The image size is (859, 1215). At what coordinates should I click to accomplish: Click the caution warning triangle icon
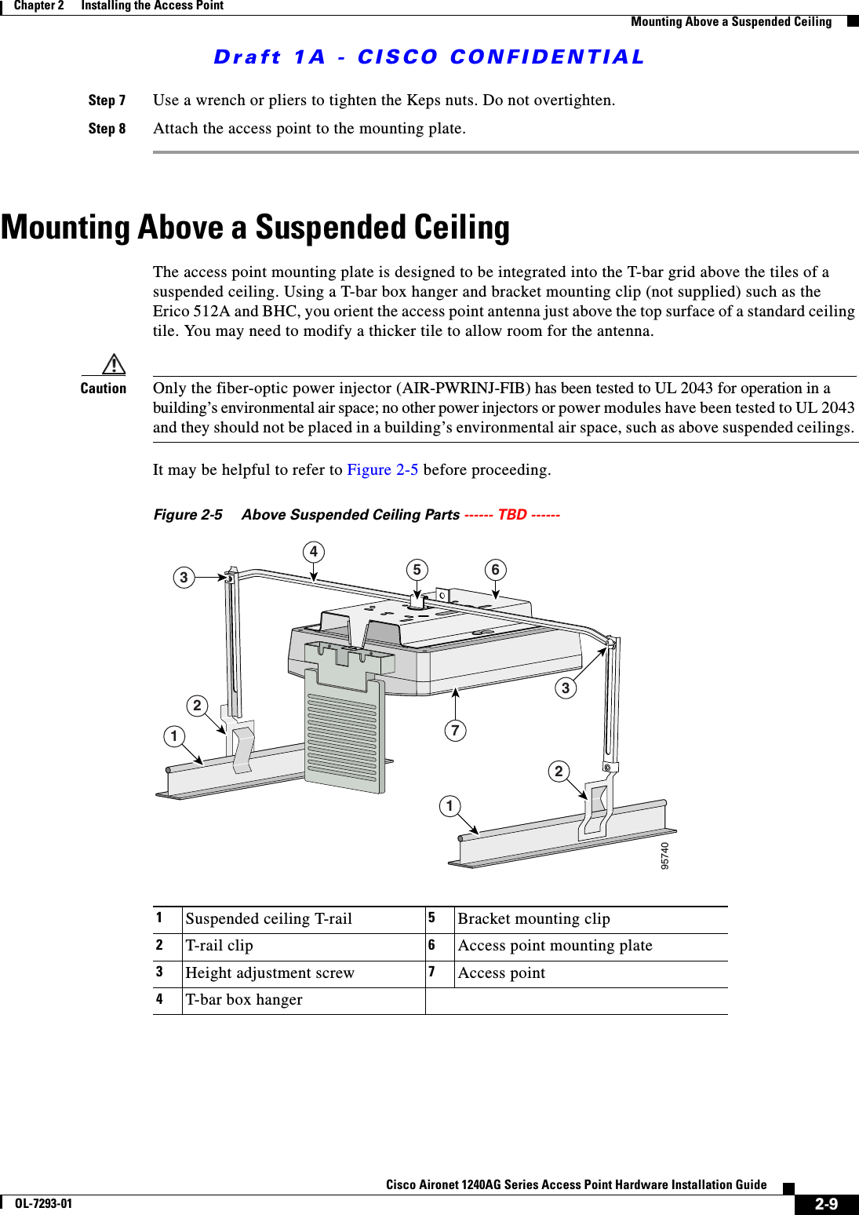click(114, 364)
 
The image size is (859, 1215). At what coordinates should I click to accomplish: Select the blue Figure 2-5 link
click(382, 470)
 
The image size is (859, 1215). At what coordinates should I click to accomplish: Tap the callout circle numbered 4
click(314, 552)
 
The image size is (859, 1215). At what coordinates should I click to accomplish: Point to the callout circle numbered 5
click(417, 570)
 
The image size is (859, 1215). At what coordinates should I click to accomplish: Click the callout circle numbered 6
click(495, 570)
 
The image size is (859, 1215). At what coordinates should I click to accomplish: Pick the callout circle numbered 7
click(455, 731)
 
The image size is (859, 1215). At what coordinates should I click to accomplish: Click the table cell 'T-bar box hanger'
click(244, 1000)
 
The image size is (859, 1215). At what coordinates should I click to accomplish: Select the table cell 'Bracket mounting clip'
click(533, 919)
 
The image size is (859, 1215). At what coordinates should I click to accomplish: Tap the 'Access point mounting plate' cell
click(555, 946)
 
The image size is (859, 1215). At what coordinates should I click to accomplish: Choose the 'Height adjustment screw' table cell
click(270, 973)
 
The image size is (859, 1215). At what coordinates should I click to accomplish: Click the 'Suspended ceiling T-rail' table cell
click(268, 919)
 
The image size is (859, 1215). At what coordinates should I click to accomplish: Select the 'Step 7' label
click(107, 100)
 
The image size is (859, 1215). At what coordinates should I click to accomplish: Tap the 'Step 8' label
click(107, 129)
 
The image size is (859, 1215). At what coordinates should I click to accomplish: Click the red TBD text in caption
click(512, 515)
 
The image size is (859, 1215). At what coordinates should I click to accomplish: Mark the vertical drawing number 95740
click(665, 856)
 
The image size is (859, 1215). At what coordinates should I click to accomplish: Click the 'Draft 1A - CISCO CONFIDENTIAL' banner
click(429, 57)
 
